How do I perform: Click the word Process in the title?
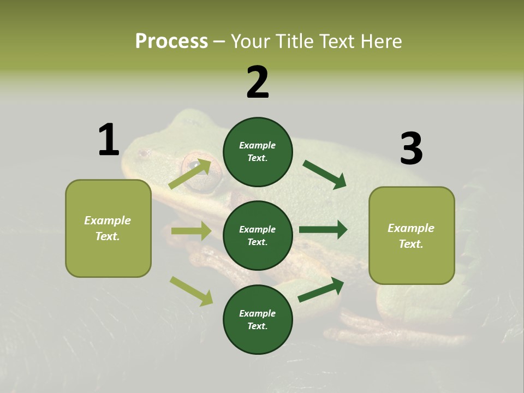click(171, 41)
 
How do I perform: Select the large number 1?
click(109, 140)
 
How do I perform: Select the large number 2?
click(258, 82)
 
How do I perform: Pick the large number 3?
click(411, 148)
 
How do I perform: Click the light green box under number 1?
click(108, 228)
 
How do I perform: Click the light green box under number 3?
click(412, 235)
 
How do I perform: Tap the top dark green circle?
click(258, 152)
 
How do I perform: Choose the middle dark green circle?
click(258, 235)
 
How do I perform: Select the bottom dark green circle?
click(258, 319)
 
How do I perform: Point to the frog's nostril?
click(143, 154)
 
